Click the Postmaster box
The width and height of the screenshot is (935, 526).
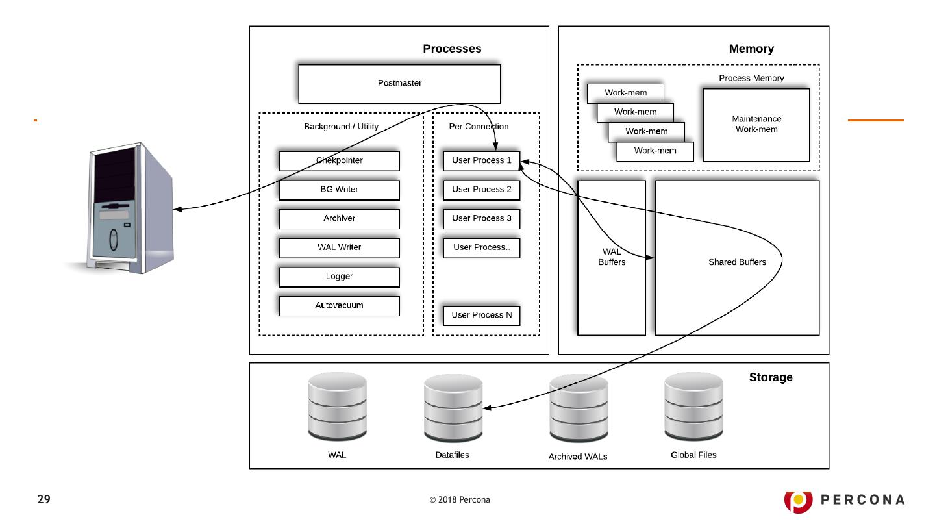[399, 84]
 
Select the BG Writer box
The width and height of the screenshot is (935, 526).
[339, 190]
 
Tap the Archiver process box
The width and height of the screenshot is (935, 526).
[339, 219]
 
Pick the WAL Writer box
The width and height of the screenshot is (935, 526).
[339, 247]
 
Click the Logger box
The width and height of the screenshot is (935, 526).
[339, 277]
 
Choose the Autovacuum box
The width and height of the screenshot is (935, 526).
[339, 306]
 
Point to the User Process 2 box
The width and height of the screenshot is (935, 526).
[481, 190]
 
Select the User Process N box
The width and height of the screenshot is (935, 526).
[481, 315]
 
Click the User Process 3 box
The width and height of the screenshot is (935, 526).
[481, 219]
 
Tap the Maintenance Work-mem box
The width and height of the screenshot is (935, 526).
[756, 125]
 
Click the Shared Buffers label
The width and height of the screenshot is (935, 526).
[736, 262]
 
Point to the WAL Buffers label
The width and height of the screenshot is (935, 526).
[611, 257]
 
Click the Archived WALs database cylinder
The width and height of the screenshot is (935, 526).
[579, 408]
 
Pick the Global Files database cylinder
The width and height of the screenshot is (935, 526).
[693, 406]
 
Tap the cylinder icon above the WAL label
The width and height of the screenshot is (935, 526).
[337, 406]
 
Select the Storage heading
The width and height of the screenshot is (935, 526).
[771, 377]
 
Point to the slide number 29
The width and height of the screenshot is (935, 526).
[44, 499]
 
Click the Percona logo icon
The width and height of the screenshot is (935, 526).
[797, 499]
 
